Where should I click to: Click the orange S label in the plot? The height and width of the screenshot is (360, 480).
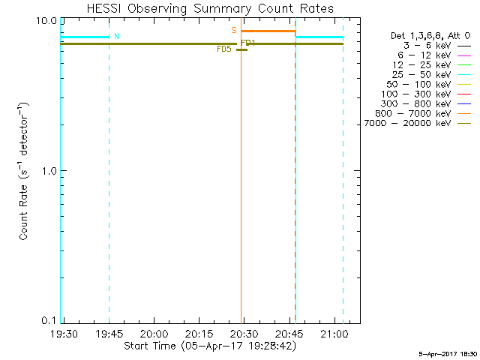tap(234, 31)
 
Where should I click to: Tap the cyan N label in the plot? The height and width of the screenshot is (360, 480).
tap(116, 37)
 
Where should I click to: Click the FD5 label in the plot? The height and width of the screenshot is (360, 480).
tap(223, 49)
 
